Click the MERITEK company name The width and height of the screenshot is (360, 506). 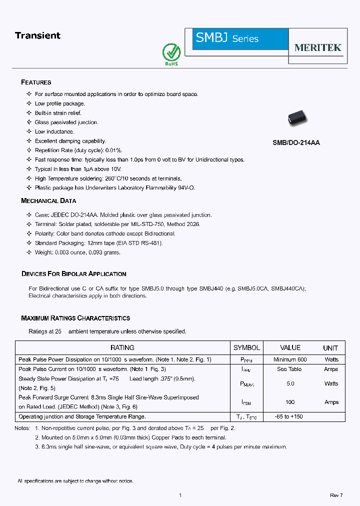point(317,47)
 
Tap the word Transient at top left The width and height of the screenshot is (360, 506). point(37,35)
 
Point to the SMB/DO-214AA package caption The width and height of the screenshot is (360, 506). point(296,142)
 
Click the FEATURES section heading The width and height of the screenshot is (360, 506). point(36,82)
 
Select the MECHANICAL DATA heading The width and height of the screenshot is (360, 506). point(48,200)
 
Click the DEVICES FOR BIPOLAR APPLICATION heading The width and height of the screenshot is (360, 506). point(73,274)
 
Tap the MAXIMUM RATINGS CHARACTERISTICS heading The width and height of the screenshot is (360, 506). point(75,318)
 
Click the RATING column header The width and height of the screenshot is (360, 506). point(122,347)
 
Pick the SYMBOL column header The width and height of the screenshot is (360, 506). point(246,347)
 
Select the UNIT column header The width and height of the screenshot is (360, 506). point(330,348)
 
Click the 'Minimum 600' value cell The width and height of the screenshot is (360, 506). point(290,359)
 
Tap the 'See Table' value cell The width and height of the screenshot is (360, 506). point(289,369)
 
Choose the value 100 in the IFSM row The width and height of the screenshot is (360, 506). point(290,402)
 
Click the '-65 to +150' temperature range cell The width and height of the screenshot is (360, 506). point(289,416)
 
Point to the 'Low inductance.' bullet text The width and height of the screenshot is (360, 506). point(54,131)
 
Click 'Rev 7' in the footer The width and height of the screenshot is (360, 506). point(336,495)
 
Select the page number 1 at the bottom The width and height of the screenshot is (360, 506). point(180,495)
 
